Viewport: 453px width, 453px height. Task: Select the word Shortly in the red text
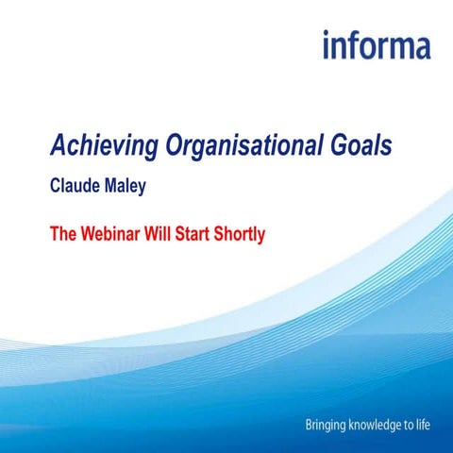[241, 231]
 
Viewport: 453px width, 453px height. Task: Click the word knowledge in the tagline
[378, 426]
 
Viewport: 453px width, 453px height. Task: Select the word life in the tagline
[423, 426]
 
